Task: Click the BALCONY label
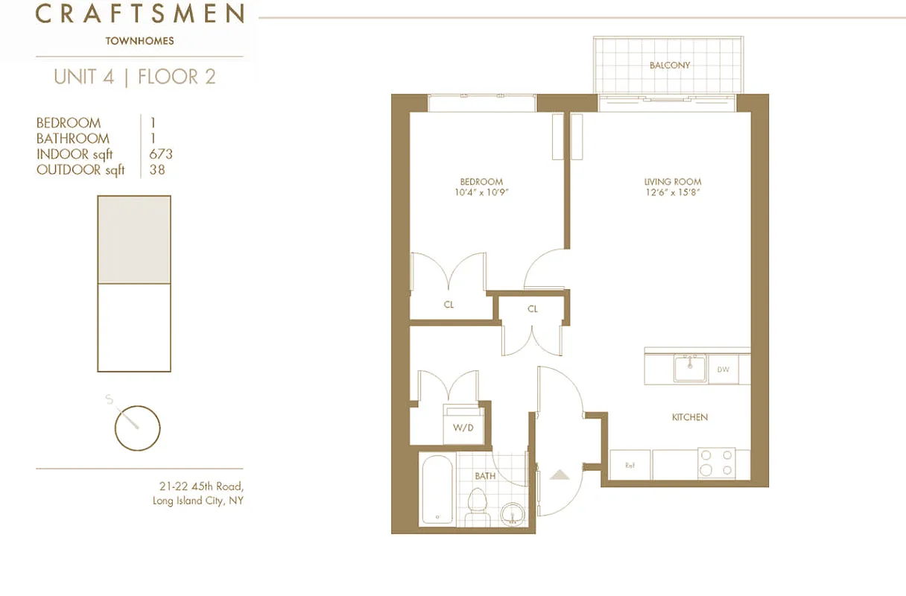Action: coord(669,66)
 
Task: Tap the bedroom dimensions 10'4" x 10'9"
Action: coord(481,192)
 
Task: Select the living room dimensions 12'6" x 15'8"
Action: coord(673,192)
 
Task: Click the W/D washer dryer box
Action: coord(463,427)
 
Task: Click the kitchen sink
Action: coord(690,369)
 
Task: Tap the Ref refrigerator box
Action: coord(630,466)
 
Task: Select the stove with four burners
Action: coord(716,463)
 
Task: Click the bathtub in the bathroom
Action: coord(438,489)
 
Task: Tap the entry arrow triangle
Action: coord(559,474)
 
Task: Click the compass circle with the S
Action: coord(137,428)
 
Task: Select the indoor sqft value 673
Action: coord(160,154)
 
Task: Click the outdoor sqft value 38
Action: coord(156,170)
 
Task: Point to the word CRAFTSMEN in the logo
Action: coord(140,13)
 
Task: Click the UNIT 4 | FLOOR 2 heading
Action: coord(135,77)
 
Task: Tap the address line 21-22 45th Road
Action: coord(201,486)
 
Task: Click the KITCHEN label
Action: coord(689,417)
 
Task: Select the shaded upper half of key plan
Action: coord(134,240)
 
